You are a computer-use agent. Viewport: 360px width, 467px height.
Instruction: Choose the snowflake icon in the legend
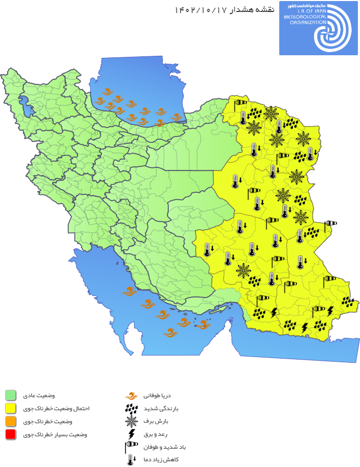pos(131,421)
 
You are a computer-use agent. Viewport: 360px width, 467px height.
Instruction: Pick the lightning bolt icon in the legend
pos(131,434)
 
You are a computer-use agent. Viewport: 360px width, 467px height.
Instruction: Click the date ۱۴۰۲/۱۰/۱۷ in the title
pos(199,10)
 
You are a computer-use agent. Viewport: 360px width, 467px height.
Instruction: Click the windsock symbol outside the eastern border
pos(330,225)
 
